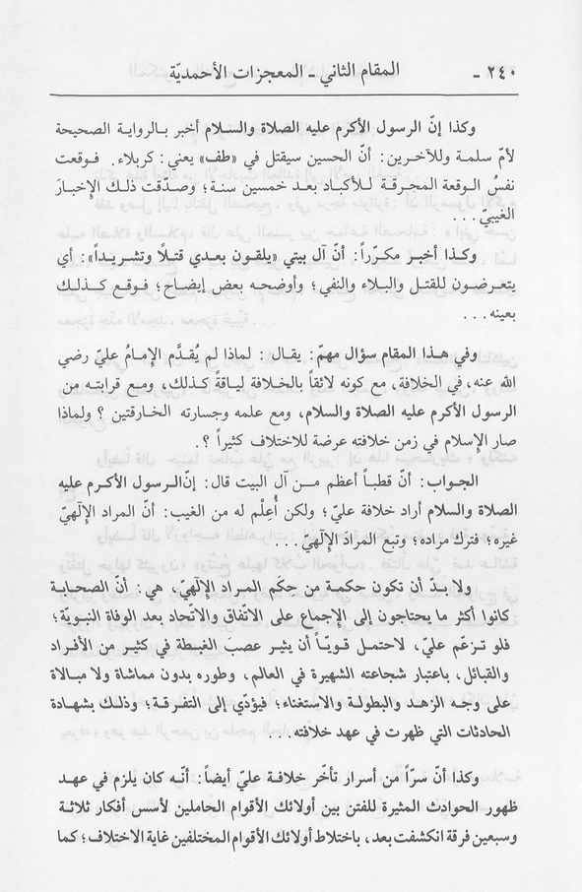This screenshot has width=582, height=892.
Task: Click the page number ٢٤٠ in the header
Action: coord(515,72)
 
